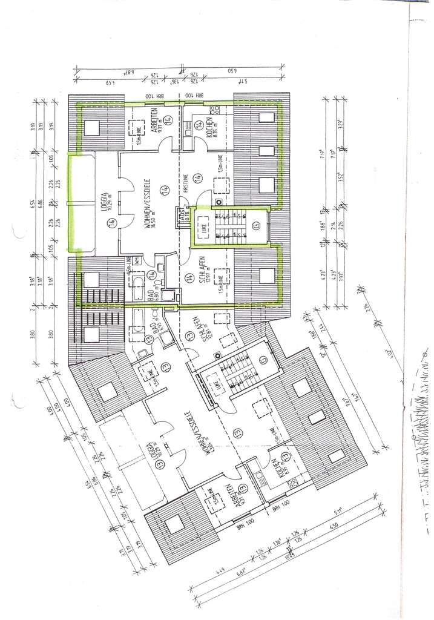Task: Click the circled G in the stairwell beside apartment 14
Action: [x=258, y=224]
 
